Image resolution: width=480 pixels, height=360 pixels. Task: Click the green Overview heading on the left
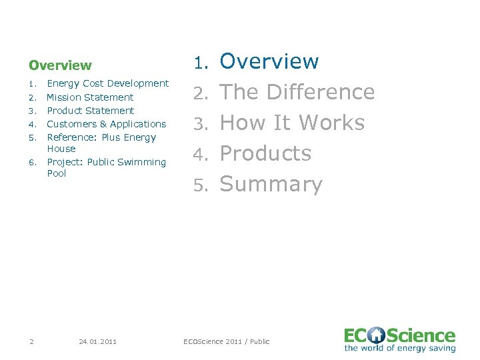coord(60,65)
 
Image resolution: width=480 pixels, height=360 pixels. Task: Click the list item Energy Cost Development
coord(107,83)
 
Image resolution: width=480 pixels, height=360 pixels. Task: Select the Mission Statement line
coord(90,97)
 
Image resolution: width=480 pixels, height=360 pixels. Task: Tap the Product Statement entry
coord(91,111)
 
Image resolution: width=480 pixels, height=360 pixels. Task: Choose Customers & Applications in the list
coord(107,124)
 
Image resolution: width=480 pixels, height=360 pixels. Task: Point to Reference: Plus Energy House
coord(101,143)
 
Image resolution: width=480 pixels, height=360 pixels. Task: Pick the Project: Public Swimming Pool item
coord(107,167)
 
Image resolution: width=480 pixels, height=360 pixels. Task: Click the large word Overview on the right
coord(269,61)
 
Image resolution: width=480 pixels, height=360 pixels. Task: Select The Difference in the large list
coord(297,92)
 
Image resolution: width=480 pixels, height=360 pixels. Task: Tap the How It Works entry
coord(292,123)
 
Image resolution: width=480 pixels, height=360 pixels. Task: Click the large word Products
coord(265,153)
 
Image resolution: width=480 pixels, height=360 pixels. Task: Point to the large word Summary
coord(271,184)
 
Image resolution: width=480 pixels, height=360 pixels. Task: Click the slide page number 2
coord(31,341)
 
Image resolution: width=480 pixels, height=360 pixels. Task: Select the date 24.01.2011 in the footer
coord(97,341)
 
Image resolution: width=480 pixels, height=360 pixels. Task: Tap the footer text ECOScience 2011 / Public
coord(227,341)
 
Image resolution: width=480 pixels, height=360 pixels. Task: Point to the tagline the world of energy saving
coord(399,348)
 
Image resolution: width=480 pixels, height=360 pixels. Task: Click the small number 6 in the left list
coord(31,162)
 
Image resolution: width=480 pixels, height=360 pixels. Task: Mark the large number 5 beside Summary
coord(199,185)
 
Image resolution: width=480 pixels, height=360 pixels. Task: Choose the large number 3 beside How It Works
coord(199,124)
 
